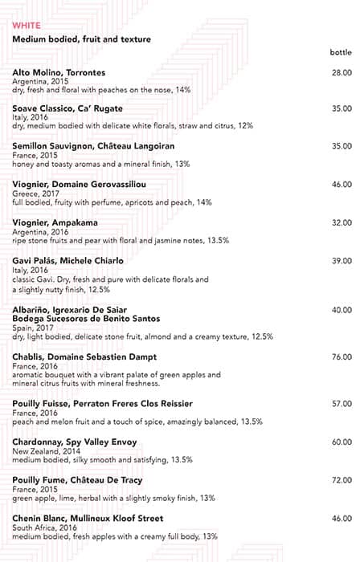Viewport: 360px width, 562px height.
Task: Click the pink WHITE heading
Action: point(27,26)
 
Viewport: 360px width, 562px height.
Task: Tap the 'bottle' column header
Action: point(340,52)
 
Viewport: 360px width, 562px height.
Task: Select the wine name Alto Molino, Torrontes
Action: point(59,73)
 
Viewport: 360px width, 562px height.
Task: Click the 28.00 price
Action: point(341,73)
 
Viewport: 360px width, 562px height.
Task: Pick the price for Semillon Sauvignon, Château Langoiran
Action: point(341,146)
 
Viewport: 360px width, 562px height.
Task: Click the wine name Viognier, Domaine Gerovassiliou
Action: point(79,184)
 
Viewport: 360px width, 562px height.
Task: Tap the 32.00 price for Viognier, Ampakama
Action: point(341,222)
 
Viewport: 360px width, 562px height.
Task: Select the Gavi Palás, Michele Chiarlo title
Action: point(68,261)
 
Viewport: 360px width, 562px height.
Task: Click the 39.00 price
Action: point(341,261)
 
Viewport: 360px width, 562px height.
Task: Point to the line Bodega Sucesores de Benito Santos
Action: point(86,319)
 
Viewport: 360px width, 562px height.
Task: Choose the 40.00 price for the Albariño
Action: point(341,310)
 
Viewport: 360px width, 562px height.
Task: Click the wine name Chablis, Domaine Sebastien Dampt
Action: point(84,356)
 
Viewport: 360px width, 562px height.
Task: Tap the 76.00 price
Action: point(341,356)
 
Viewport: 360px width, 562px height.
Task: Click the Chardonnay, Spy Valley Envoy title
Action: point(75,442)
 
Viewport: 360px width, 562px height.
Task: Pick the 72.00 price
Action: point(341,480)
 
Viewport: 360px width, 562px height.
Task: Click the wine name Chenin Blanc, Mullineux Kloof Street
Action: point(88,519)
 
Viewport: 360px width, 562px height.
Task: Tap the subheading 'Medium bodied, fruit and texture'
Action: point(81,39)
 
